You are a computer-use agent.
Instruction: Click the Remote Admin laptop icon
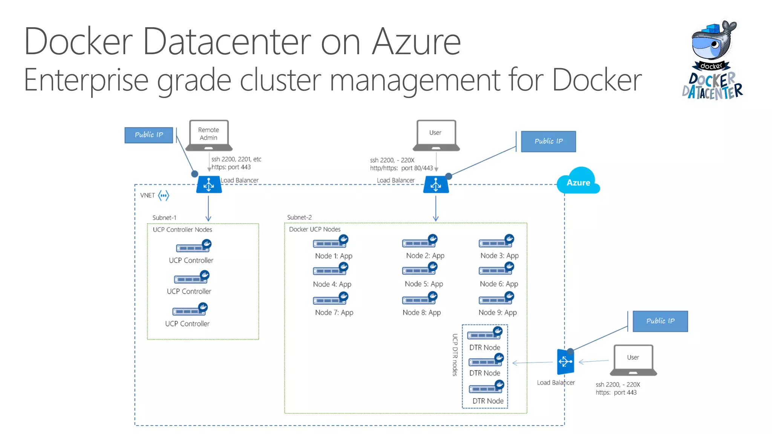pyautogui.click(x=208, y=135)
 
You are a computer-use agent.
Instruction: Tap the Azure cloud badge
pyautogui.click(x=578, y=182)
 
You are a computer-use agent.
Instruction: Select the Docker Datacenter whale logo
pyautogui.click(x=712, y=60)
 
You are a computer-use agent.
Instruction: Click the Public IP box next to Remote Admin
pyautogui.click(x=149, y=135)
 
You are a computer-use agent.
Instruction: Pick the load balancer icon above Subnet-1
pyautogui.click(x=209, y=185)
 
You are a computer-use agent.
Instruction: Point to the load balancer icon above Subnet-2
pyautogui.click(x=436, y=185)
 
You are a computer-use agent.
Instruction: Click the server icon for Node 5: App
pyautogui.click(x=419, y=270)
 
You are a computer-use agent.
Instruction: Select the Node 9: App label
pyautogui.click(x=498, y=312)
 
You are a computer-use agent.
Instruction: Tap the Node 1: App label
pyautogui.click(x=334, y=256)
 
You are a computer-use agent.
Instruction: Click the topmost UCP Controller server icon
pyautogui.click(x=193, y=247)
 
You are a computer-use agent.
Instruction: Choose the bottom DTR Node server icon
pyautogui.click(x=486, y=388)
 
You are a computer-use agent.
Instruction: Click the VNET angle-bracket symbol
pyautogui.click(x=164, y=195)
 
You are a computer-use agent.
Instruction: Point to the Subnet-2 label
pyautogui.click(x=299, y=217)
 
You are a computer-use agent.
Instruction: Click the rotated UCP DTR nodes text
pyautogui.click(x=455, y=355)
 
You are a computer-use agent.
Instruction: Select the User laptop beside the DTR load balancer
pyautogui.click(x=633, y=360)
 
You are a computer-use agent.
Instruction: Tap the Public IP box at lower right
pyautogui.click(x=660, y=321)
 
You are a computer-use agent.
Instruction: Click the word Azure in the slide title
pyautogui.click(x=416, y=41)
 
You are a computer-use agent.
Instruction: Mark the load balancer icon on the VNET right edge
pyautogui.click(x=565, y=362)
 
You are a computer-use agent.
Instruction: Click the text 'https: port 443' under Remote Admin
pyautogui.click(x=231, y=167)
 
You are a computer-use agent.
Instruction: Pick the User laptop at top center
pyautogui.click(x=436, y=135)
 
